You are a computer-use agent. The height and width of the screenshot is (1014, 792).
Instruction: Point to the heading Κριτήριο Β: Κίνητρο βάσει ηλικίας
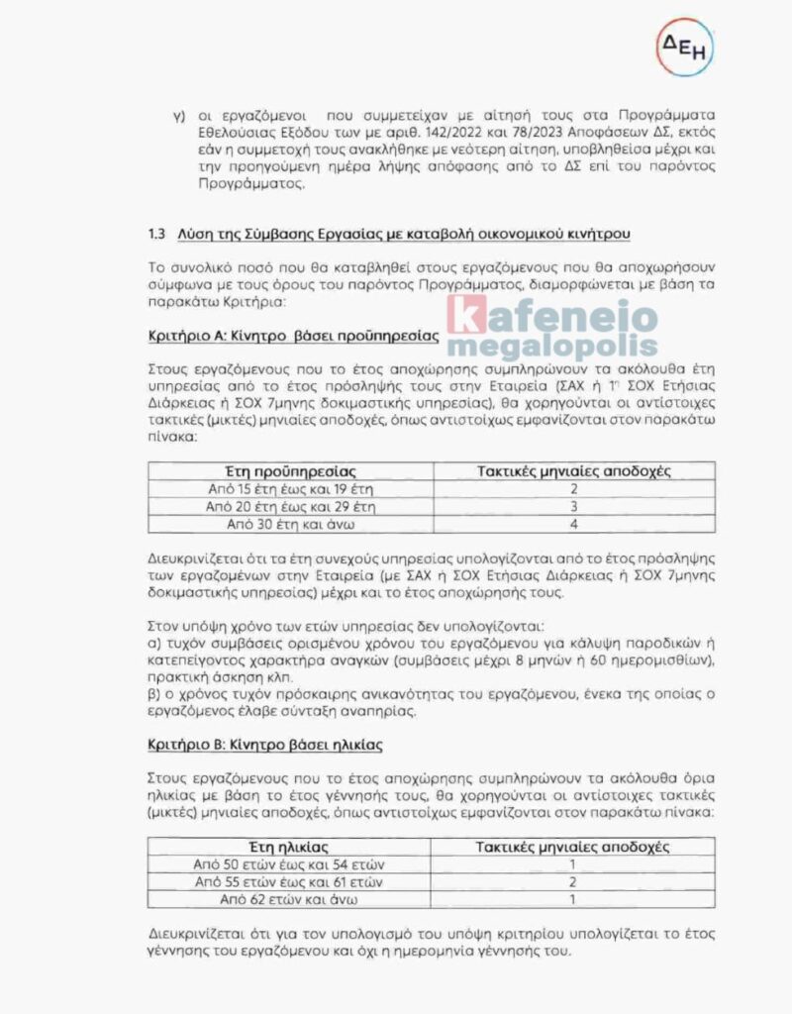tap(264, 743)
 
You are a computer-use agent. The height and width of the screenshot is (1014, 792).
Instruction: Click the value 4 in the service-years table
tap(573, 523)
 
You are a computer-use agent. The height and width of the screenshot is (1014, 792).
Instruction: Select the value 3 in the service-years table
tap(573, 506)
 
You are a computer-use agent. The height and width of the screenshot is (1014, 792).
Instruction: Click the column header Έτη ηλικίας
tap(290, 848)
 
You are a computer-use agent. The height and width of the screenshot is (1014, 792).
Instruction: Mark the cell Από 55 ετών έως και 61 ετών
tap(290, 881)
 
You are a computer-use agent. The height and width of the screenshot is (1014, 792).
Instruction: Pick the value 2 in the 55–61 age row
tap(573, 881)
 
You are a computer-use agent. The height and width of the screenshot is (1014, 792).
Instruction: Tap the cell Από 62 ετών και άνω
tap(290, 899)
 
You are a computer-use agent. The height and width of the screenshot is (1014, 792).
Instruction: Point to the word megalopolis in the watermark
tap(550, 346)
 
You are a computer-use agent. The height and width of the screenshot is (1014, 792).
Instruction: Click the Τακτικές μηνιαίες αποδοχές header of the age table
tap(573, 848)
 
